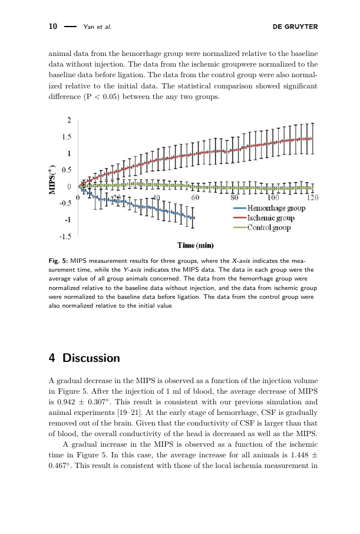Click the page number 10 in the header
(52, 27)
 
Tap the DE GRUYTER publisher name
(296, 27)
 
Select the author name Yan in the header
(90, 27)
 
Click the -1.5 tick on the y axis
(65, 236)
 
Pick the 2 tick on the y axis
(69, 120)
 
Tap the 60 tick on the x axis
(195, 197)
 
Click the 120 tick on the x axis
(312, 197)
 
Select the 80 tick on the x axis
(235, 197)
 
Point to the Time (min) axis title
(196, 245)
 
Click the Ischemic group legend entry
(271, 218)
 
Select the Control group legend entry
(269, 228)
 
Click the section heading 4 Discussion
(84, 358)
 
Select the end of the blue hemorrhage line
(194, 218)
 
